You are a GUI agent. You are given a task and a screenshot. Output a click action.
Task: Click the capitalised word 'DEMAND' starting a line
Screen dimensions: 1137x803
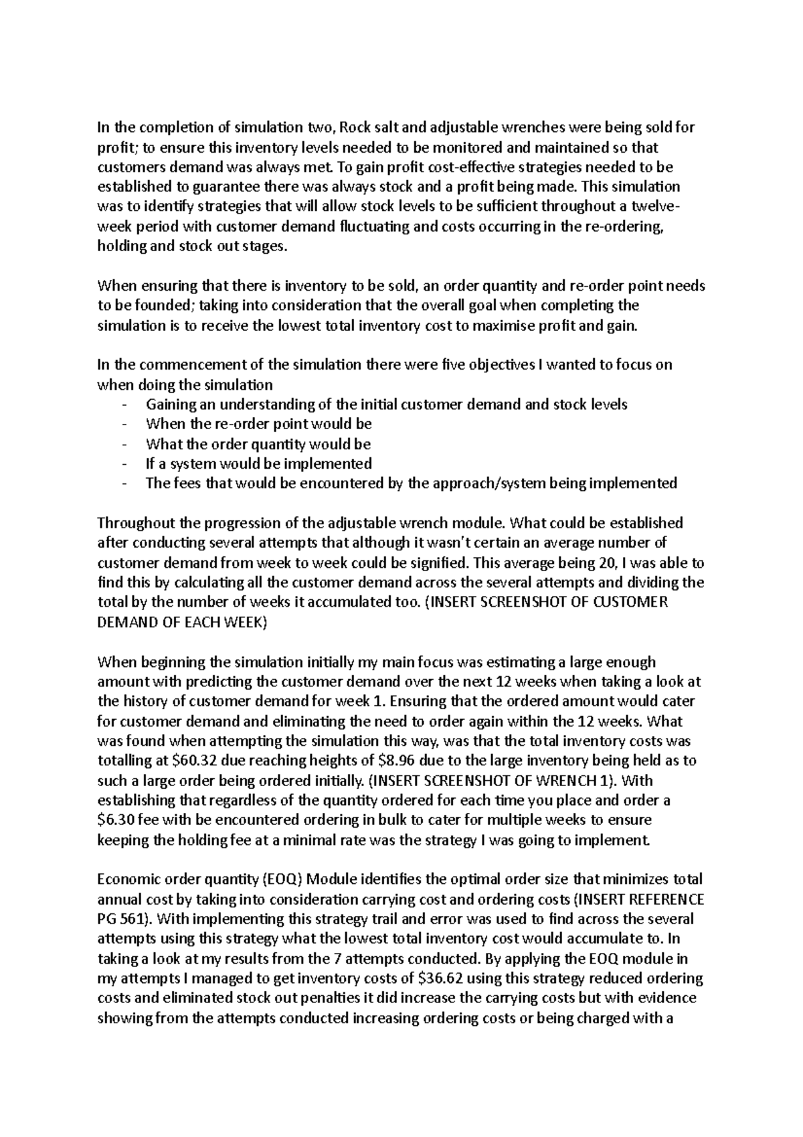[124, 622]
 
